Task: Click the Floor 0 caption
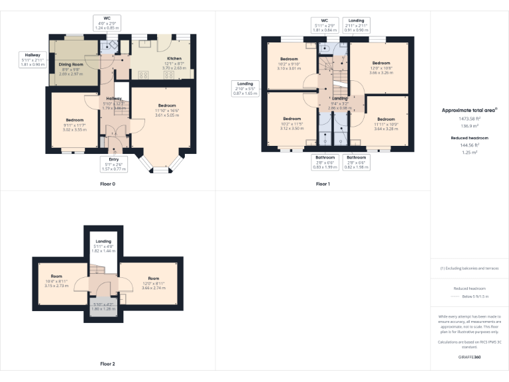click(x=107, y=183)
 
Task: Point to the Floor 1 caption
click(x=323, y=183)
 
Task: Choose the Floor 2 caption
click(x=107, y=363)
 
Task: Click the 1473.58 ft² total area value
click(x=469, y=118)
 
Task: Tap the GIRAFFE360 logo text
click(x=469, y=357)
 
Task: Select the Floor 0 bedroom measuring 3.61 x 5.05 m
click(x=166, y=111)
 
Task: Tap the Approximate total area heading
click(x=469, y=110)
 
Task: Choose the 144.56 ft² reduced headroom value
click(x=469, y=145)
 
